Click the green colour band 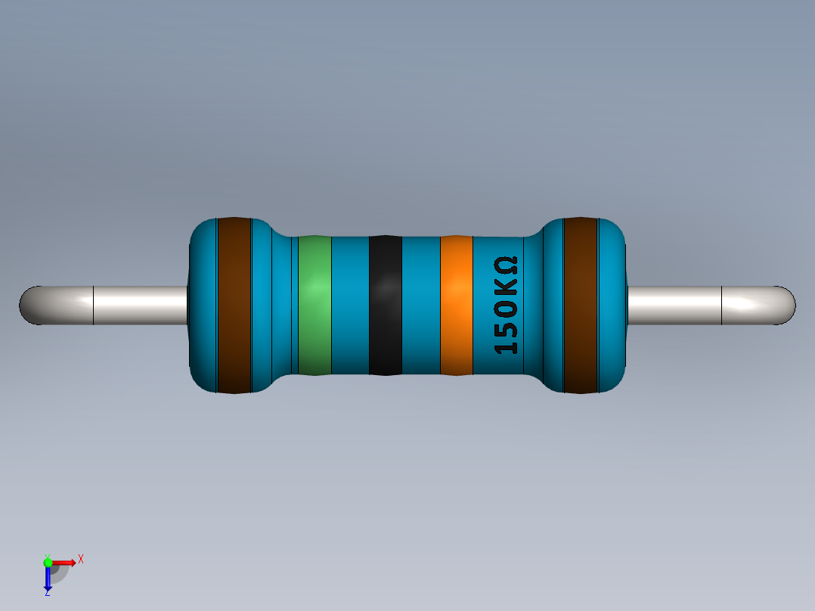(x=315, y=305)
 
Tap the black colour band (x=385, y=305)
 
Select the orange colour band (x=456, y=305)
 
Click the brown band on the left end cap (x=234, y=305)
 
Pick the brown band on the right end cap (x=581, y=305)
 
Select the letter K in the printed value (x=506, y=290)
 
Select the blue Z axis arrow (x=48, y=578)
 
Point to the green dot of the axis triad (x=48, y=562)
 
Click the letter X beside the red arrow (x=80, y=559)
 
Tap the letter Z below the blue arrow (x=47, y=594)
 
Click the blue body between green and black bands (x=350, y=305)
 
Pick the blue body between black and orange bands (x=420, y=305)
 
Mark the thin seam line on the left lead (x=93, y=305)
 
